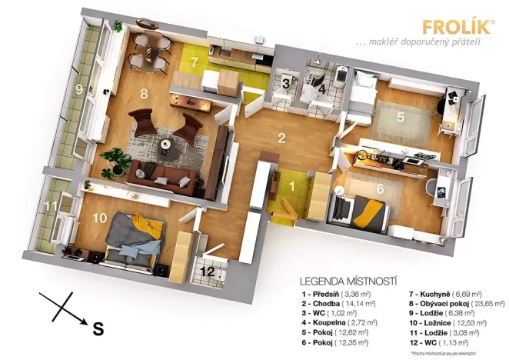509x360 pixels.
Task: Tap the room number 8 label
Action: [143, 95]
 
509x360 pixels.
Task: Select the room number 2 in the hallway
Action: [282, 138]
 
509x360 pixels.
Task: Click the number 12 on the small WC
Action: [208, 270]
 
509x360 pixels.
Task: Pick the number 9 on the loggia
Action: [78, 90]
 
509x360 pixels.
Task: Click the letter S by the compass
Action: [98, 328]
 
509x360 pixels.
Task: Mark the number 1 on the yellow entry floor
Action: [292, 185]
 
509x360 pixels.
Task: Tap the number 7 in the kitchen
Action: [195, 61]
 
